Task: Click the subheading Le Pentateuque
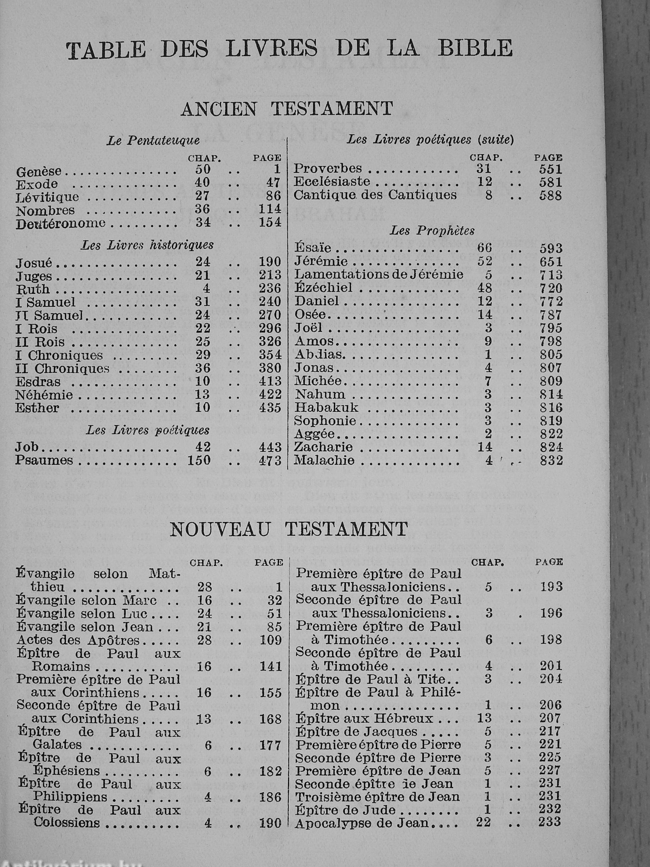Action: pos(153,141)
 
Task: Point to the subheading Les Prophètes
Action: pos(432,230)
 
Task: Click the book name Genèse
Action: pos(39,171)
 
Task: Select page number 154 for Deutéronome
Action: pos(270,222)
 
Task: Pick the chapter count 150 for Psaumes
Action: pos(199,460)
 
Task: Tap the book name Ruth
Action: pos(32,289)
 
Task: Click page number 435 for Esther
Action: pos(270,408)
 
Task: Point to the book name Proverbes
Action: pos(328,169)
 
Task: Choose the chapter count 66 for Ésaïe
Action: pos(484,248)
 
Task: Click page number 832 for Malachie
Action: pos(551,461)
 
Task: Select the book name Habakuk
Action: pos(327,408)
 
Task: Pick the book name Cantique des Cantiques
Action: pos(375,195)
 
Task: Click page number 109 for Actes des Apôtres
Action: pos(271,640)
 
